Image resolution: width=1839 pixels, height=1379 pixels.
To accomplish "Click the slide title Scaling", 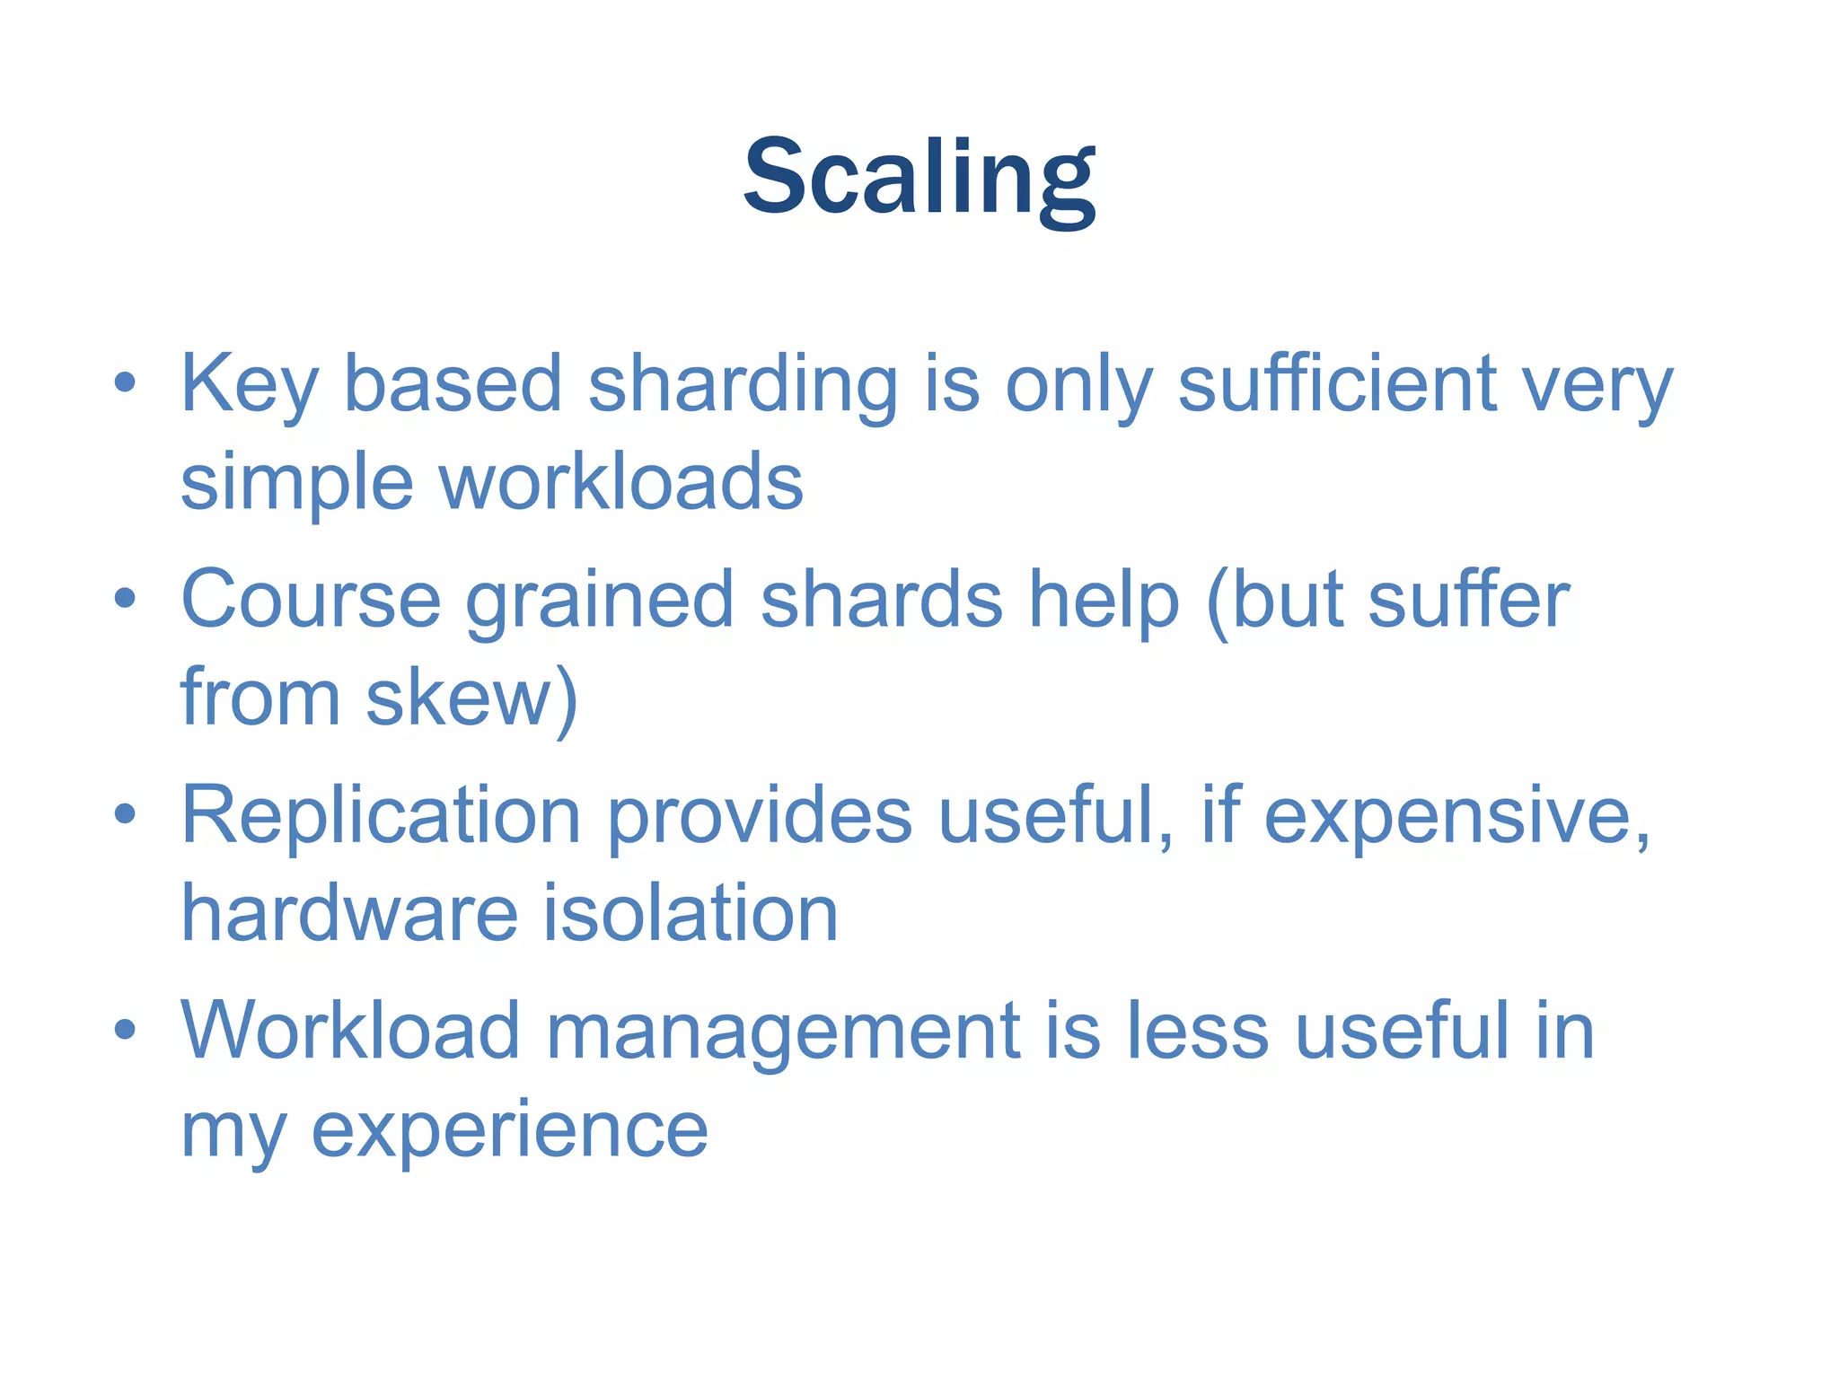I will (x=919, y=177).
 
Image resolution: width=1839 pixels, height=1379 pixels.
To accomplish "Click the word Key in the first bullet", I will (x=250, y=384).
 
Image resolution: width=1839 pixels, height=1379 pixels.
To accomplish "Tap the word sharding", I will (x=743, y=384).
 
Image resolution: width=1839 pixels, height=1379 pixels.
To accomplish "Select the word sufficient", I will (x=1336, y=384).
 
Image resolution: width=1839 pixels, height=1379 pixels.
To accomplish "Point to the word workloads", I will (x=620, y=483).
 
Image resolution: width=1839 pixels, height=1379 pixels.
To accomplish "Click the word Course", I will (x=311, y=600).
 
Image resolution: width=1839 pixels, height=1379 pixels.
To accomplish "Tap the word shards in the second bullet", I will (x=881, y=600).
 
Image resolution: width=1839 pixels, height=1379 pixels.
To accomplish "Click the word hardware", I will (x=350, y=914).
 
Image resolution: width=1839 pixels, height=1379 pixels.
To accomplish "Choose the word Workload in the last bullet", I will (x=350, y=1031).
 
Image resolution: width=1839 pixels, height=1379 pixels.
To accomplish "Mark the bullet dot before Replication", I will (x=125, y=814).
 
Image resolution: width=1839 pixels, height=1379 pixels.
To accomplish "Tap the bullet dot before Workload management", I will (x=125, y=1030).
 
